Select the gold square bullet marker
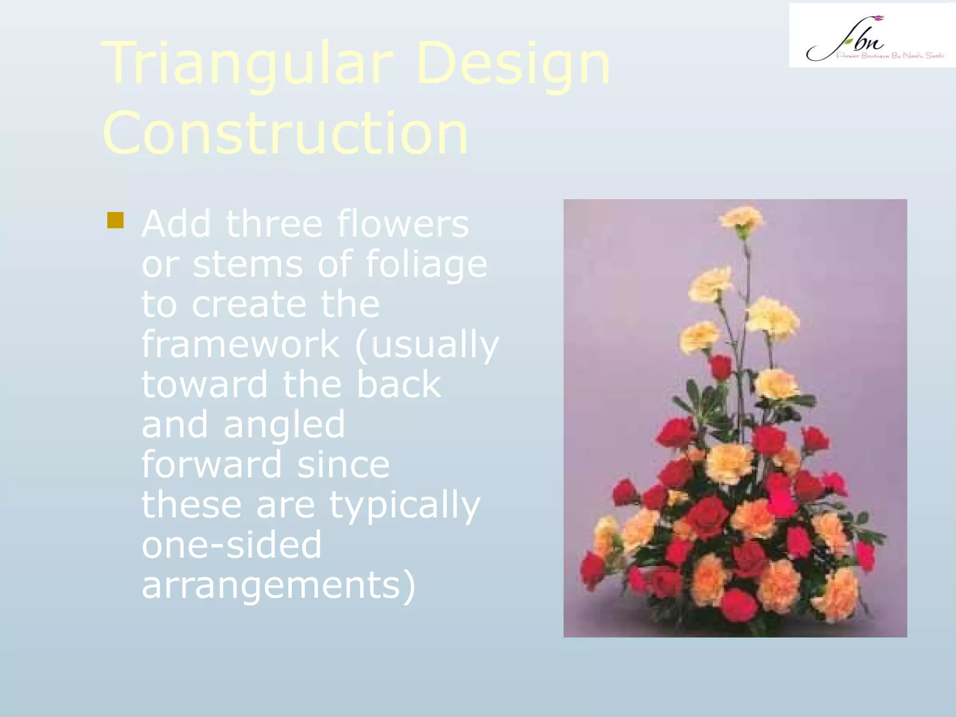click(x=115, y=220)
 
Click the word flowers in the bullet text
click(x=402, y=224)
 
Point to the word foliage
click(x=426, y=265)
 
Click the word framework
click(x=240, y=344)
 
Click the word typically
click(x=405, y=505)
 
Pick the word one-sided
click(x=232, y=545)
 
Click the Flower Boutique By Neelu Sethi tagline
click(x=890, y=56)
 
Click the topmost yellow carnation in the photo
click(x=741, y=219)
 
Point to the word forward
click(x=212, y=464)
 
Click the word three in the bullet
click(x=274, y=224)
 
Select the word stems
click(x=248, y=265)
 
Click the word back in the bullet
click(x=399, y=385)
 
